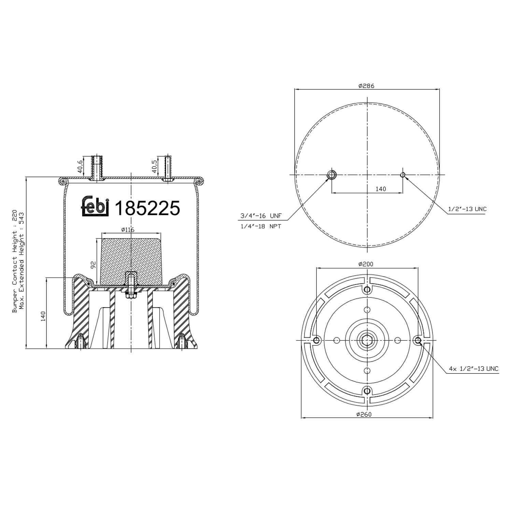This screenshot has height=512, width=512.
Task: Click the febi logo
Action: click(x=95, y=207)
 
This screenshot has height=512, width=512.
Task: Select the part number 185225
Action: click(x=147, y=208)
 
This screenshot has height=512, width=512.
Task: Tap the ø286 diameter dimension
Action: click(x=366, y=86)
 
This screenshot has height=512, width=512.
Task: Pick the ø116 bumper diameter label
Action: click(x=128, y=230)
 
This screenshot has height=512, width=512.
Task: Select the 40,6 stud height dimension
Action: click(x=80, y=166)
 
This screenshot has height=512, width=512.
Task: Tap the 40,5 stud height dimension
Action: click(x=154, y=166)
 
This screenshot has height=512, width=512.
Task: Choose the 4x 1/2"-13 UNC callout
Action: click(x=473, y=369)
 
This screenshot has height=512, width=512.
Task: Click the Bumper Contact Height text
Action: click(x=15, y=261)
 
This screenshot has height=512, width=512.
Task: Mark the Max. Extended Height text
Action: click(x=22, y=261)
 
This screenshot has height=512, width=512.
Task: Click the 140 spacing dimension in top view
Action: click(x=381, y=189)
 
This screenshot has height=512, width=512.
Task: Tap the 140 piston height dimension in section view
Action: click(x=43, y=316)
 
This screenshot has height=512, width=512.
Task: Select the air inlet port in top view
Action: click(x=331, y=175)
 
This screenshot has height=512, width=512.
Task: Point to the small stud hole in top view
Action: click(x=403, y=175)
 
